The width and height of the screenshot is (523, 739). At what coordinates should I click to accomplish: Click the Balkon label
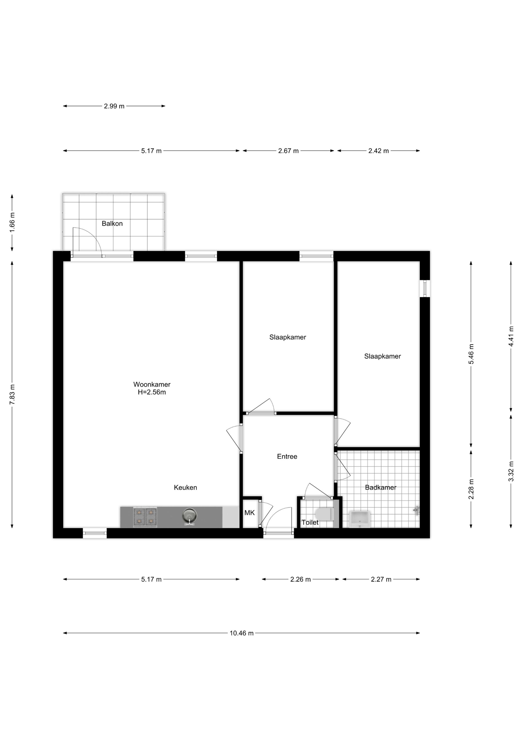pyautogui.click(x=112, y=223)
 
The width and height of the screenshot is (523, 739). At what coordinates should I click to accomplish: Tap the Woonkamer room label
pyautogui.click(x=152, y=384)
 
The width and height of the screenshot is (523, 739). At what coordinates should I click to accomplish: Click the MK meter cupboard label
pyautogui.click(x=249, y=513)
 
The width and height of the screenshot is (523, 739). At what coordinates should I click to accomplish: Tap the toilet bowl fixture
pyautogui.click(x=325, y=514)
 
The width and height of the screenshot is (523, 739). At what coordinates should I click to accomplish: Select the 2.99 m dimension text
pyautogui.click(x=114, y=106)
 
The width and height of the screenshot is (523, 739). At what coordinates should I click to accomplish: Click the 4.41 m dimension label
pyautogui.click(x=511, y=336)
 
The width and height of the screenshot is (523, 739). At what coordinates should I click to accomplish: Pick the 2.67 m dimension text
pyautogui.click(x=288, y=151)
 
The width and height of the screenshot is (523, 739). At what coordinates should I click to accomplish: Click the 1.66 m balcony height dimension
pyautogui.click(x=12, y=222)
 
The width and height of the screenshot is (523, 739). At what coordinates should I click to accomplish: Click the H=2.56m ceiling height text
pyautogui.click(x=152, y=392)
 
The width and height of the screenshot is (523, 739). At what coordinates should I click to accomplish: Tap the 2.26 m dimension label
pyautogui.click(x=300, y=579)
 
